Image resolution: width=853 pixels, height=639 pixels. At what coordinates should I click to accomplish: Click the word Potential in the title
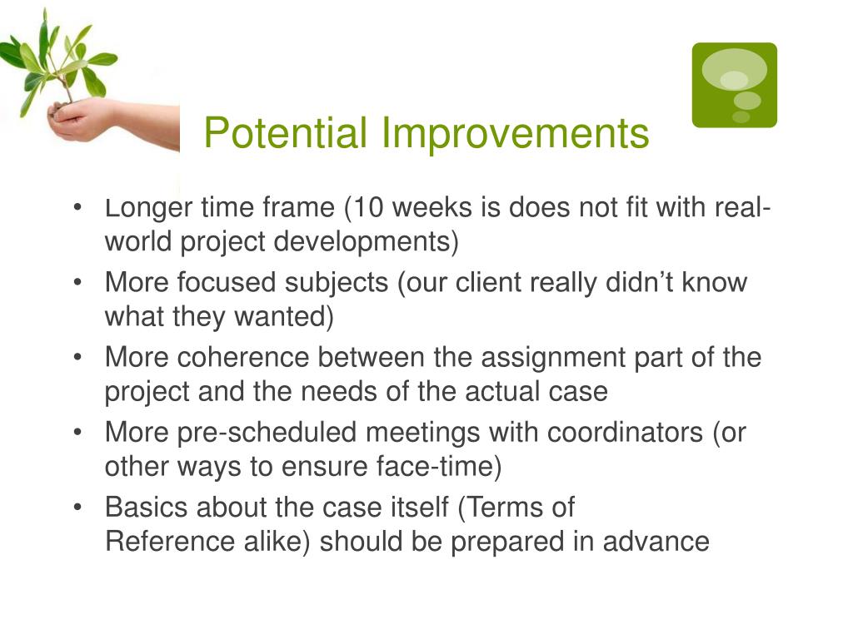point(286,132)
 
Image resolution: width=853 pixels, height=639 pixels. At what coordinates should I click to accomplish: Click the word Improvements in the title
point(515,134)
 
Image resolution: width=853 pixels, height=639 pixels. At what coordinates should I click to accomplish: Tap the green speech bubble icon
point(735,86)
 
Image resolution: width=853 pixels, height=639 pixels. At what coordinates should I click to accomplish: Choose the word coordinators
point(625,433)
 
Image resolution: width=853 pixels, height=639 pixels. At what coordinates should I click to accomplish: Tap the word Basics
point(147,508)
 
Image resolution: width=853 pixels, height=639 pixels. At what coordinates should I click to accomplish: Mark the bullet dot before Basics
point(77,507)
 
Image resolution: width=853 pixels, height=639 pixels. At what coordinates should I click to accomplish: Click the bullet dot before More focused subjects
point(77,282)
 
